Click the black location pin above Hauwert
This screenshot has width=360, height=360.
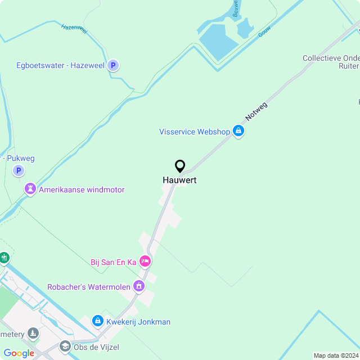[180, 166]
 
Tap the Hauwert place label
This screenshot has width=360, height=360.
[180, 180]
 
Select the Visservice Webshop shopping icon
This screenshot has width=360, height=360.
[238, 132]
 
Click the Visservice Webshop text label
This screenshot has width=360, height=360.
[195, 132]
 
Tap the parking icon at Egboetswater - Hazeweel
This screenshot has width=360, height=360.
[113, 65]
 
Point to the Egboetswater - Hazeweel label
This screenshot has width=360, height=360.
[60, 65]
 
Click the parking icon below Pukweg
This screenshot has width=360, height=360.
[19, 170]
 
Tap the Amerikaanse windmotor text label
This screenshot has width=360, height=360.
[82, 190]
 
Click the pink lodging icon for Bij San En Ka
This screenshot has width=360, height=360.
[145, 262]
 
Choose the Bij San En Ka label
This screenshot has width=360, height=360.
[114, 262]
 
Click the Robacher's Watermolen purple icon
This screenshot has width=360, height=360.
[139, 286]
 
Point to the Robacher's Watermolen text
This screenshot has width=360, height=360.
[89, 286]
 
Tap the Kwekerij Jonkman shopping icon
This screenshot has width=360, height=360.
[97, 322]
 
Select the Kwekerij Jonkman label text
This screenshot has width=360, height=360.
[138, 322]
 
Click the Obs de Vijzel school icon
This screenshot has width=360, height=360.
[65, 346]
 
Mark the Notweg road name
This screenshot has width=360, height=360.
[256, 111]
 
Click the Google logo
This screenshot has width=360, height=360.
[19, 353]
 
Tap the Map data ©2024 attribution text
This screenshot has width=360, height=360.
[336, 355]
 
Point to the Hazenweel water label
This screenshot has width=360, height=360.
[74, 29]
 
